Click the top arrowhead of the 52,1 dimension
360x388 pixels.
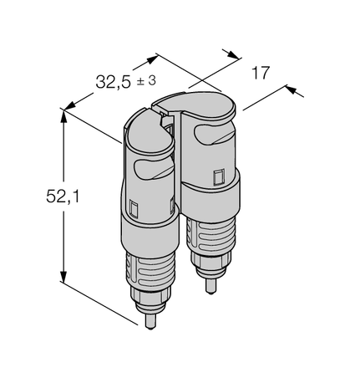(x=63, y=115)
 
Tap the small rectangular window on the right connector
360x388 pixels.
(x=219, y=178)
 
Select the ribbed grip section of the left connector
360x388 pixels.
(x=147, y=268)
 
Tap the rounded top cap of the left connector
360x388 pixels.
(x=144, y=122)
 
